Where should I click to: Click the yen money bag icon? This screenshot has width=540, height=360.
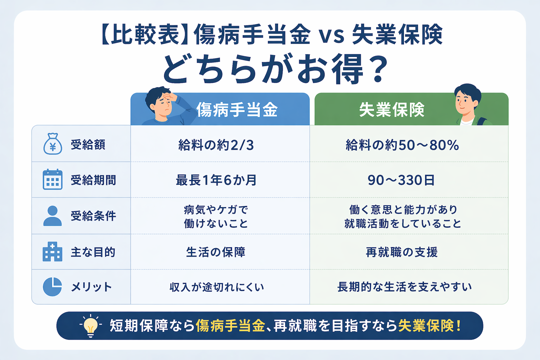pos(53,144)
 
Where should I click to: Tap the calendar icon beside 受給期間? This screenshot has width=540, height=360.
pos(52,179)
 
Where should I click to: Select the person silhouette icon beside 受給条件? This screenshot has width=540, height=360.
pos(52,216)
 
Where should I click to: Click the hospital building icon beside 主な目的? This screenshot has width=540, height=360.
pos(52,251)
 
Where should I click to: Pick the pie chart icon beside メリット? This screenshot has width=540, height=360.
pos(52,287)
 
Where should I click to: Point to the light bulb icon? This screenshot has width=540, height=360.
pos(91,326)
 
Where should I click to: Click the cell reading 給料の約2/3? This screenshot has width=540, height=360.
pos(216,145)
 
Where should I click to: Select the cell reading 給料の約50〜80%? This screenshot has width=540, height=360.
pos(402,145)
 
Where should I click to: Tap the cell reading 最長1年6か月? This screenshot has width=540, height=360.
pos(216,180)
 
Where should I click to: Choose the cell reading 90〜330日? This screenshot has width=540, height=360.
pos(401,180)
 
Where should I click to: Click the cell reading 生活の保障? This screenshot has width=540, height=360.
pos(216,252)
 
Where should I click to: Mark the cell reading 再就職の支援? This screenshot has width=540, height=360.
pos(401,252)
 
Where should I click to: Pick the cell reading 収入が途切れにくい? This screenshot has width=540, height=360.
pos(217,287)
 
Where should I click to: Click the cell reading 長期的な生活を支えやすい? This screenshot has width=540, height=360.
pos(404,287)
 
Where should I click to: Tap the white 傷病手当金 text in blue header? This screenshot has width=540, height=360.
pos(237,110)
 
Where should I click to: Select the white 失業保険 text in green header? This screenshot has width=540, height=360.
pos(392,110)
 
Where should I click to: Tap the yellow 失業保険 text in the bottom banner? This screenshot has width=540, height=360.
pos(426,326)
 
